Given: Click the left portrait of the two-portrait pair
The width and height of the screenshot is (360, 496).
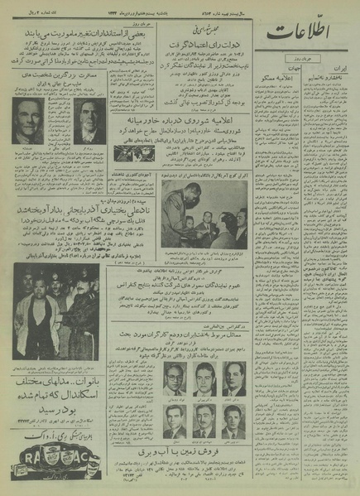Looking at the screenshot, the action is pyautogui.click(x=29, y=122).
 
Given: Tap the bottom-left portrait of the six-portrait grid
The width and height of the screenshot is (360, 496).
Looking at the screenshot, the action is pyautogui.click(x=174, y=418).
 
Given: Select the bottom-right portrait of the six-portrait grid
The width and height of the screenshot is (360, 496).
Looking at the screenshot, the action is pyautogui.click(x=236, y=418).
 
